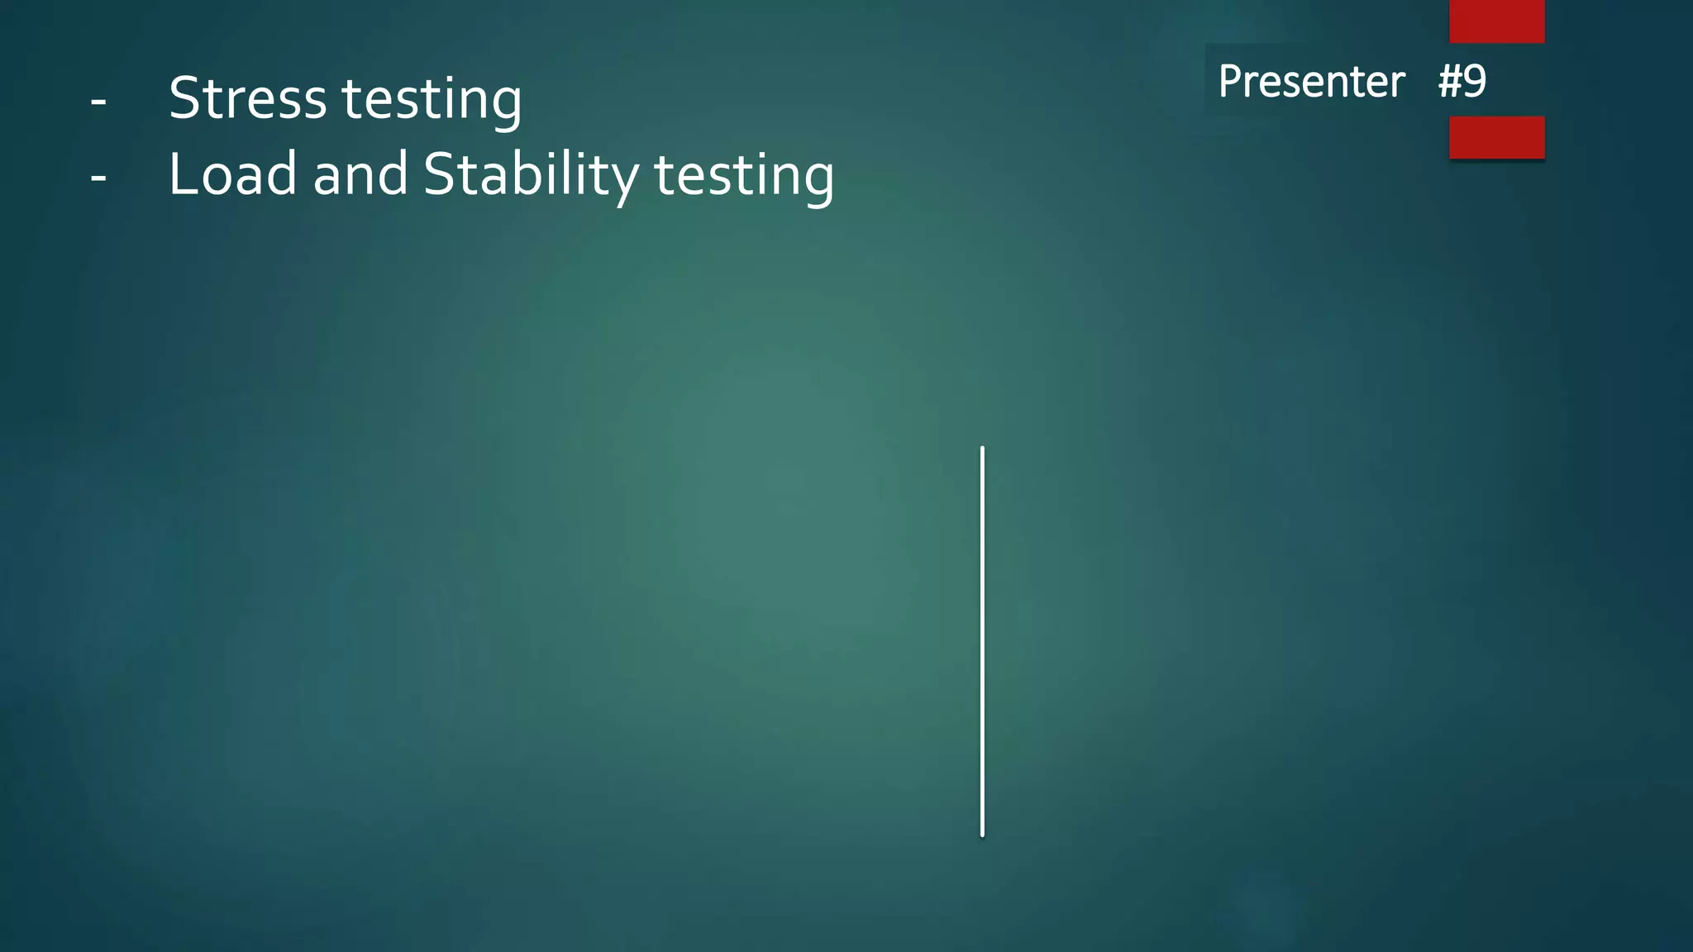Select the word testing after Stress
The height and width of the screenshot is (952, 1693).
[432, 101]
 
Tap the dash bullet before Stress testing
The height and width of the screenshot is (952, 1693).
[98, 102]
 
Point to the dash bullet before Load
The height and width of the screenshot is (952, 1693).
[98, 177]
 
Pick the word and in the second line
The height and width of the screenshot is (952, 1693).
[360, 174]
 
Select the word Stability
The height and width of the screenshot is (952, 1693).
[531, 176]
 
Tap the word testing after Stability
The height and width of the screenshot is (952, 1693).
[744, 177]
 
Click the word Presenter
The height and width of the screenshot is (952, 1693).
[1311, 81]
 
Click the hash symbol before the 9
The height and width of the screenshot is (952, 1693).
[1450, 81]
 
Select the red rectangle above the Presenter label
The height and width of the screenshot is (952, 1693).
[1496, 21]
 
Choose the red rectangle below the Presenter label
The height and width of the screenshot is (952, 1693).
[1496, 137]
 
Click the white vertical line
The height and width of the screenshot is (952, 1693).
[982, 641]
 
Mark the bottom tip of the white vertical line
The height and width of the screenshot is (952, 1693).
[982, 835]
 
